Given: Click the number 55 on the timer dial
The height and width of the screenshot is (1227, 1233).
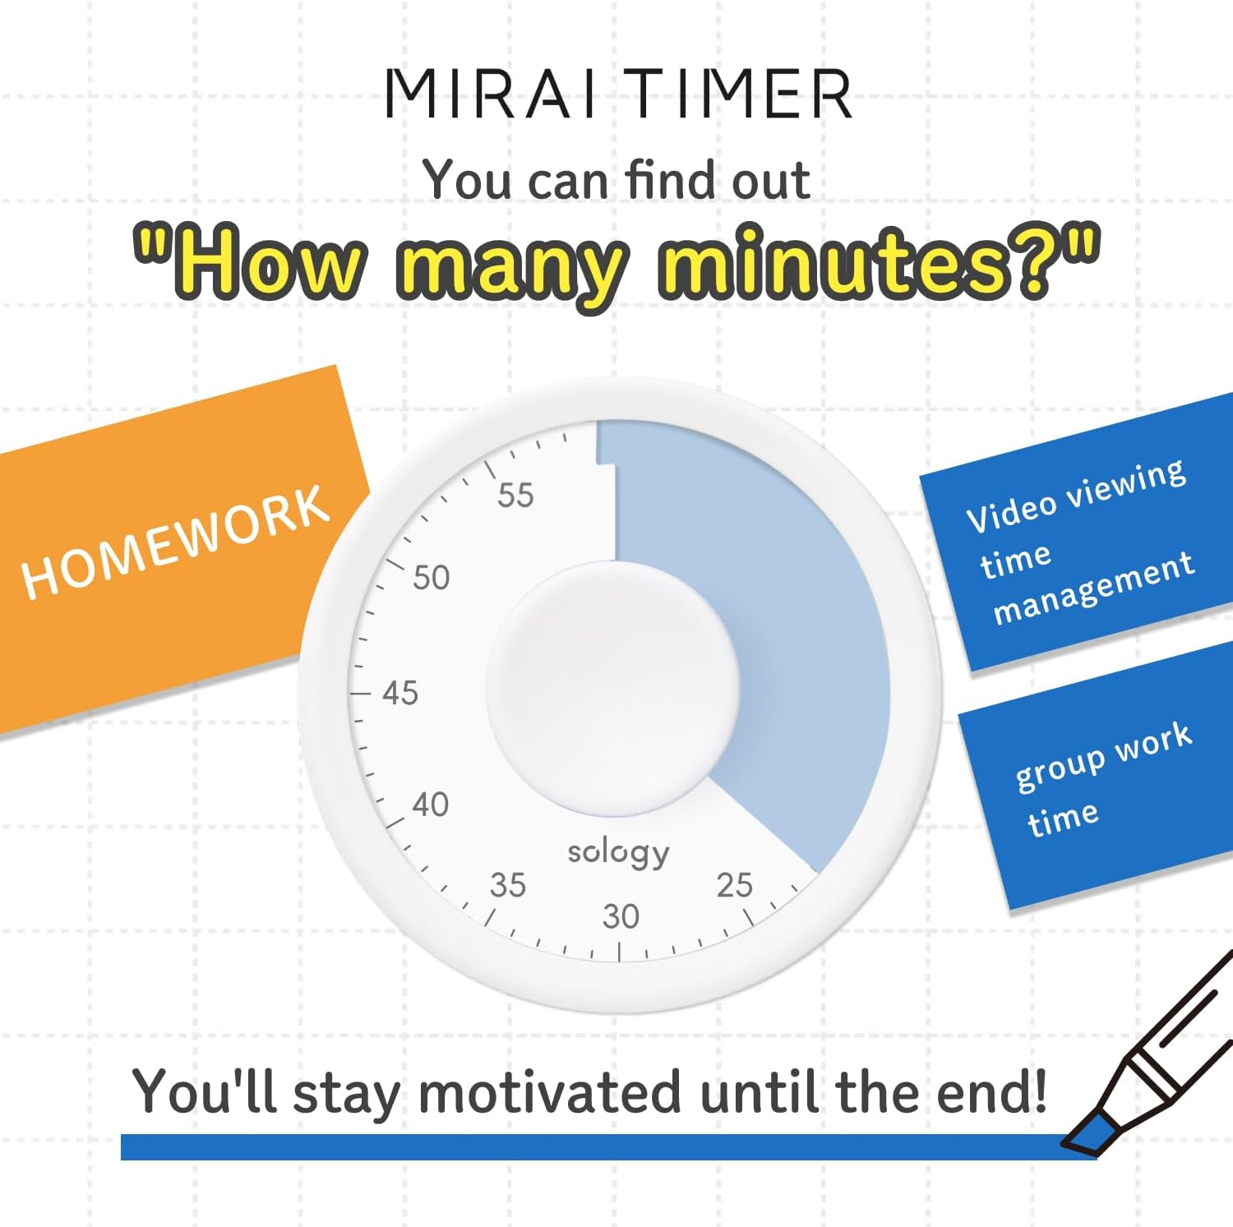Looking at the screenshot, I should click(515, 496).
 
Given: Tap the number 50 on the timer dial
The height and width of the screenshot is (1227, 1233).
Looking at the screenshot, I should click(432, 578).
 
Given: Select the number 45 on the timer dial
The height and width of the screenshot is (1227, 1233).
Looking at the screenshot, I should click(400, 694).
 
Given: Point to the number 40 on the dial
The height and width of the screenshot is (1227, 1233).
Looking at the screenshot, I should click(431, 805).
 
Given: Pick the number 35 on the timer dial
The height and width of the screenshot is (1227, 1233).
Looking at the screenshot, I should click(508, 885).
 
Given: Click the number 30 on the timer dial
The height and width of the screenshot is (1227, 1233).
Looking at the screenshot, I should click(621, 916).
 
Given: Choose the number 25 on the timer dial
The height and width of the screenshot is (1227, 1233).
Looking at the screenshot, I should click(734, 885).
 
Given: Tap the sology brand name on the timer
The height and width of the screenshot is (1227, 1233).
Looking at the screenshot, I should click(619, 852).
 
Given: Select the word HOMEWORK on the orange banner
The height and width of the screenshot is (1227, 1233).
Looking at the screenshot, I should click(175, 542).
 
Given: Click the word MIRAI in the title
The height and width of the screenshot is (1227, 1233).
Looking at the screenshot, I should click(492, 93).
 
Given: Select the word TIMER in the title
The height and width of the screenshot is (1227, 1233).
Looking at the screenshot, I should click(742, 93).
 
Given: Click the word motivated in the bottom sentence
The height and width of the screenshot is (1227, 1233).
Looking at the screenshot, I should click(550, 1094).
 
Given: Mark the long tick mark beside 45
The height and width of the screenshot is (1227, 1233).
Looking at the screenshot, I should click(362, 694).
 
